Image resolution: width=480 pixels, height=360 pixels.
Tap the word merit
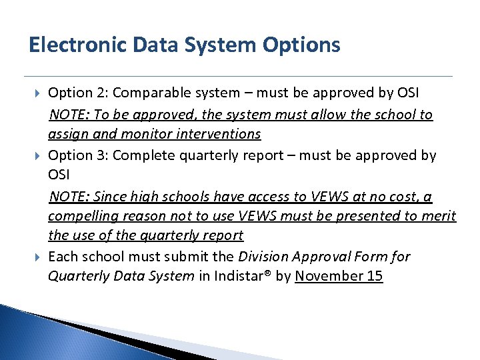click(440, 216)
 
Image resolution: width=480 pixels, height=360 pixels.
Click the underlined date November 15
click(339, 276)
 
